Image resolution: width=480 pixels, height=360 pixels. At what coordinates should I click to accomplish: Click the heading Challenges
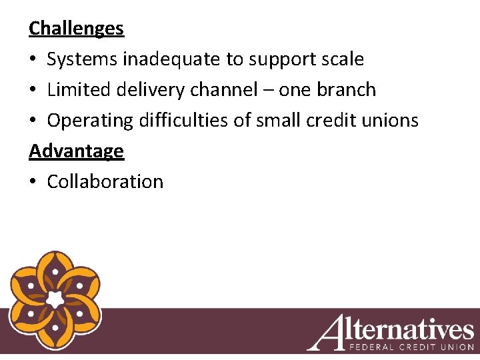point(76,29)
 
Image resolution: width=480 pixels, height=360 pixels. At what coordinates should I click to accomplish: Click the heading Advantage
point(76,151)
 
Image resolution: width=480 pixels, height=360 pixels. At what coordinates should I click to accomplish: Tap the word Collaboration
point(105,182)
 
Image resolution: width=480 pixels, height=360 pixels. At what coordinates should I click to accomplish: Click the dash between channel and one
point(268,91)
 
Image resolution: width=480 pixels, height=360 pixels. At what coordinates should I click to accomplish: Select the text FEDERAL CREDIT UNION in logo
point(411,347)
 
